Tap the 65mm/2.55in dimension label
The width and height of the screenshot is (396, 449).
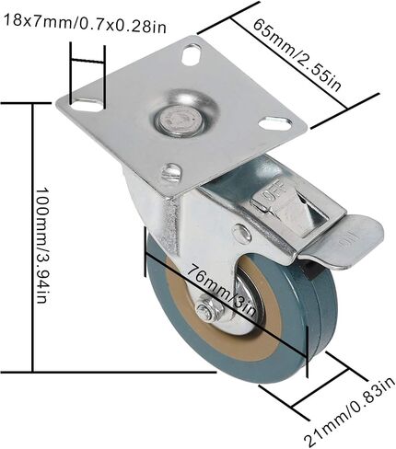(x=297, y=54)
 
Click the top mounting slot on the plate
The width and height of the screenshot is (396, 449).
(x=192, y=54)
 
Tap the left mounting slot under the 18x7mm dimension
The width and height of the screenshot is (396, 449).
(x=87, y=105)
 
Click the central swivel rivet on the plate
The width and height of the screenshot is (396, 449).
(x=180, y=120)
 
